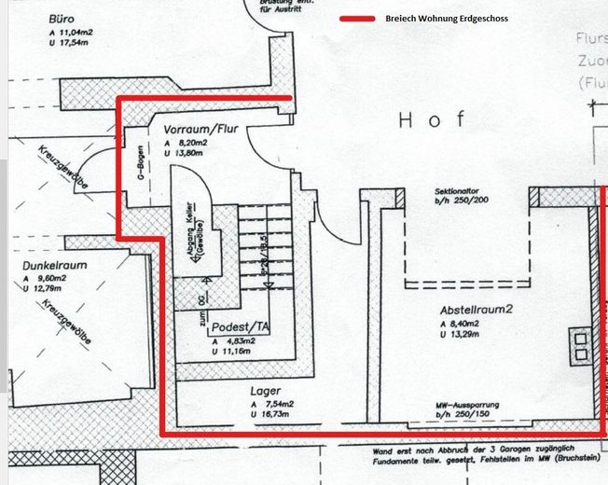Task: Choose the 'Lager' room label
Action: [265, 392]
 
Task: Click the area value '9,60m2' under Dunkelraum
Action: [52, 278]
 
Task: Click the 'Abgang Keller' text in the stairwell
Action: [198, 237]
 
